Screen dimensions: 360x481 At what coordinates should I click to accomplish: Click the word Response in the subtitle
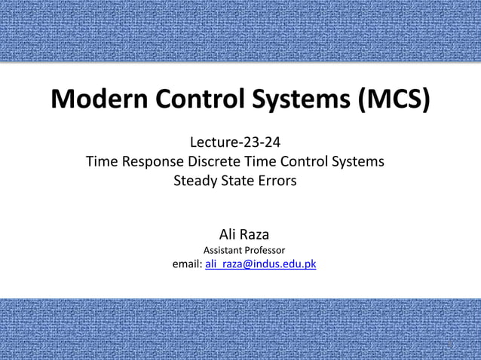point(149,160)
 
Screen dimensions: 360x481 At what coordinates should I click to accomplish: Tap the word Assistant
point(223,250)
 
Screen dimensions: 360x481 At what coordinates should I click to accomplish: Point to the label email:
point(187,264)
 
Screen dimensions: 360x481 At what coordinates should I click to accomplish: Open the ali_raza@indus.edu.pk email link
point(260,264)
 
